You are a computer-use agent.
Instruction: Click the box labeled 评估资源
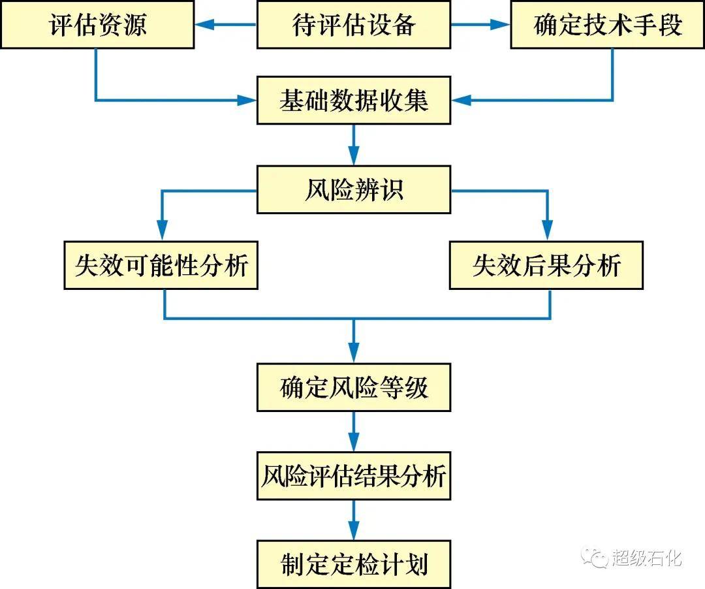[x=97, y=24]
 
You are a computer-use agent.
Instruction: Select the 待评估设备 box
[x=354, y=24]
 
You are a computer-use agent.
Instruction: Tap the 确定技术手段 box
[x=608, y=24]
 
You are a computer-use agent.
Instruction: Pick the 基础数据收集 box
[x=354, y=101]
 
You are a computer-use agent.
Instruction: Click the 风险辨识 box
[x=354, y=189]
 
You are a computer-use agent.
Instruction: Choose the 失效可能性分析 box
[x=161, y=265]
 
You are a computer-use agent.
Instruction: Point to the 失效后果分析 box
[x=546, y=265]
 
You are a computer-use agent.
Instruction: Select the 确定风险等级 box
[x=354, y=388]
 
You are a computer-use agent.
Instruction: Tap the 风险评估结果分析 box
[x=354, y=476]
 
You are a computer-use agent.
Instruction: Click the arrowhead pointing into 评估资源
[x=204, y=24]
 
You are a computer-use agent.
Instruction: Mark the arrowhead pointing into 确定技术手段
[x=501, y=24]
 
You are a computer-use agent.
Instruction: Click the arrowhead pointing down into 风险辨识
[x=354, y=155]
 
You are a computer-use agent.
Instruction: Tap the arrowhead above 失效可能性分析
[x=163, y=231]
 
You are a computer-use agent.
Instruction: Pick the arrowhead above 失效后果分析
[x=547, y=231]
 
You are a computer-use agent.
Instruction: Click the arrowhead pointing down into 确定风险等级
[x=354, y=353]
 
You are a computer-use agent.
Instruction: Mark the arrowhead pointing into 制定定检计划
[x=354, y=530]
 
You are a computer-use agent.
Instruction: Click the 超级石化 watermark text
[x=646, y=558]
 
